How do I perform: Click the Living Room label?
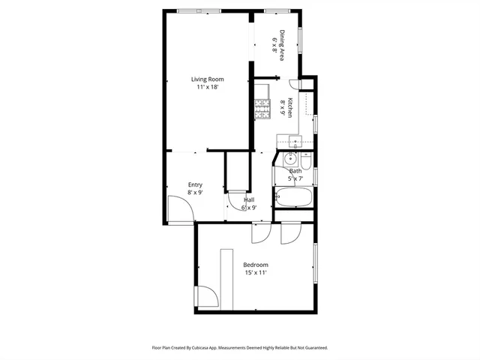coord(207,79)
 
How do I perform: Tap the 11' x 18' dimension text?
coord(207,87)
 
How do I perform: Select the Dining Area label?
coord(283,44)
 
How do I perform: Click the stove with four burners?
coord(262,110)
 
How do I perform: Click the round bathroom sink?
coord(289,158)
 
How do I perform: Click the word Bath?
coord(295,171)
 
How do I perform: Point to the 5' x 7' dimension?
coord(295,178)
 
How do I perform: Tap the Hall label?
coord(249,199)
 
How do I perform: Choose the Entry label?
coord(195,184)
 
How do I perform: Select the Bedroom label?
coord(255,265)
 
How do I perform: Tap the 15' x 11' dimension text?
coord(255,273)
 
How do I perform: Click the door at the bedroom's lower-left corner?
coord(208,298)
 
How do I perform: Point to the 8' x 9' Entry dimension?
coord(195,193)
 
